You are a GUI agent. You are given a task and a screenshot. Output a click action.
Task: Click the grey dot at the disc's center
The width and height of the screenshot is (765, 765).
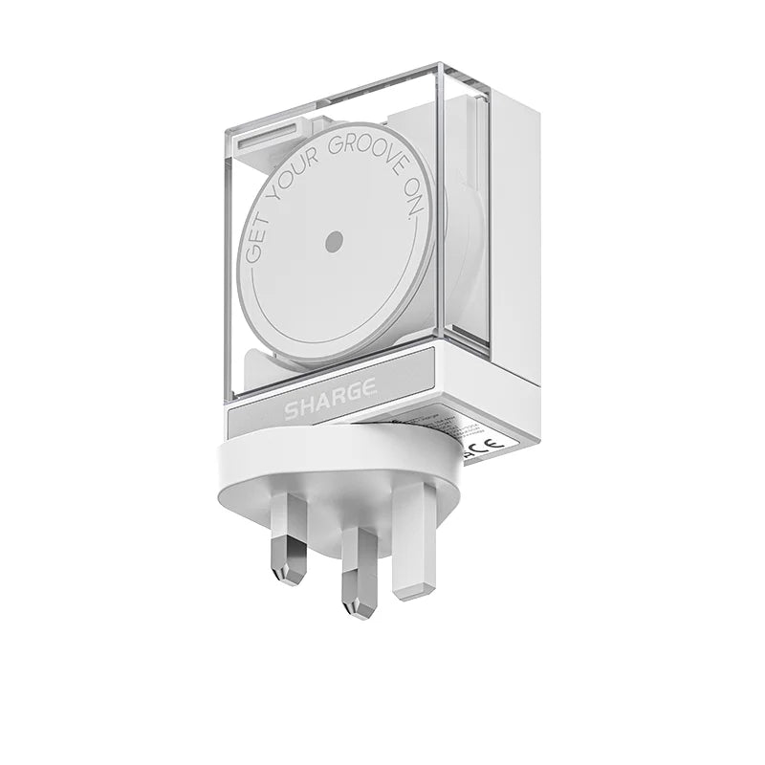coord(333,242)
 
